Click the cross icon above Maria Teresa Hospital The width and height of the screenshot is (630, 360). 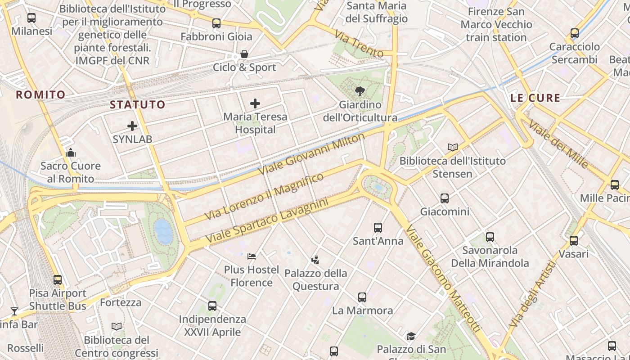[x=255, y=103]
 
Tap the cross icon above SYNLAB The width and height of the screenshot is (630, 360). [x=132, y=126]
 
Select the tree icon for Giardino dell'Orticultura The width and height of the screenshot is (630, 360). [x=360, y=91]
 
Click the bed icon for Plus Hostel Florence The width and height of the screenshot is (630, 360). [x=252, y=256]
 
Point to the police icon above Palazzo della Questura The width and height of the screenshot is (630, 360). [x=315, y=260]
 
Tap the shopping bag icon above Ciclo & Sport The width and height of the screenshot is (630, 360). [x=244, y=54]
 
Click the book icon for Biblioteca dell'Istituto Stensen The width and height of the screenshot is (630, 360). [x=453, y=147]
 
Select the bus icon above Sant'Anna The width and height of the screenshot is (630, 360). [x=378, y=228]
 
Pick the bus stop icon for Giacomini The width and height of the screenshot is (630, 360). [x=445, y=198]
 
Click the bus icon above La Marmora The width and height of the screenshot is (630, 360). [x=362, y=297]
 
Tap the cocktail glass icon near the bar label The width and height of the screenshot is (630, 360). [x=14, y=311]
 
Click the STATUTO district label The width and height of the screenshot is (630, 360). [x=138, y=105]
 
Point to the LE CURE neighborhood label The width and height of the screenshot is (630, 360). [x=535, y=98]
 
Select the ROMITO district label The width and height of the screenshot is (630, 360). [x=40, y=94]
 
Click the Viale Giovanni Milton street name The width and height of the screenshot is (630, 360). [x=311, y=154]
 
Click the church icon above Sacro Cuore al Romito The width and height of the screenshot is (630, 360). [x=71, y=153]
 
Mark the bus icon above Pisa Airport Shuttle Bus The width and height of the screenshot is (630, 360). [x=58, y=280]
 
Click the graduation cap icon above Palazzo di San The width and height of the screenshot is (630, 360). [x=411, y=336]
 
